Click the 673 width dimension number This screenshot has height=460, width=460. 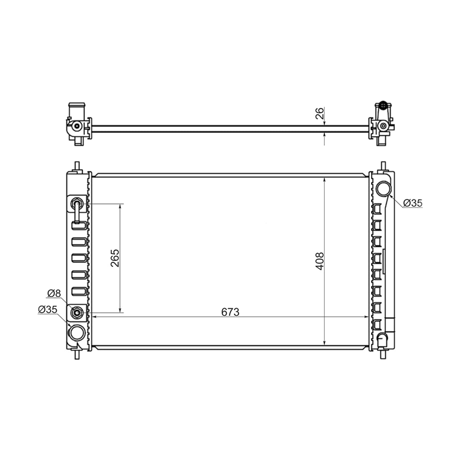tap(230, 312)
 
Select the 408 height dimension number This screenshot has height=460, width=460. tap(319, 261)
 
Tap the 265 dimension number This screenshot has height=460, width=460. tap(115, 258)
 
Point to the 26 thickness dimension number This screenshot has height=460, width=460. tap(319, 113)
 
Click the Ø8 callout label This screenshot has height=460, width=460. tap(54, 293)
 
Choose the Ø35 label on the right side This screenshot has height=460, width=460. tap(413, 203)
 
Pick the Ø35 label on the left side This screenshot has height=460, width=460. tap(48, 310)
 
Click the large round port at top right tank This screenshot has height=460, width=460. tap(384, 188)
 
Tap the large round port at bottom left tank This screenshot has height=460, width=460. tap(77, 333)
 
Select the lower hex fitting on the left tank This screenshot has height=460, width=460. tap(77, 312)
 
